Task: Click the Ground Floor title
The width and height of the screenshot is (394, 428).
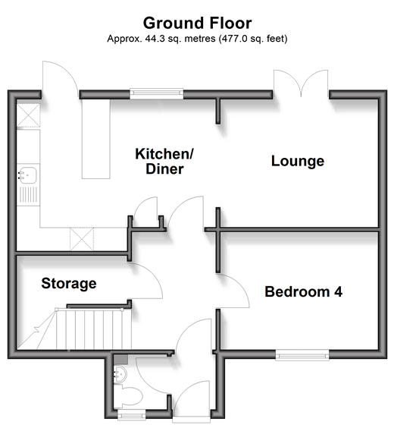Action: click(x=197, y=24)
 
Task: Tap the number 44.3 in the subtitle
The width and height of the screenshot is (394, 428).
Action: click(x=155, y=39)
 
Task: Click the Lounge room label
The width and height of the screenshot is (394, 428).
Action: click(x=298, y=161)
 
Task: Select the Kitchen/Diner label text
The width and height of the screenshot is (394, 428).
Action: click(x=164, y=162)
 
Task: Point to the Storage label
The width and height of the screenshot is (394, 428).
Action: click(x=69, y=284)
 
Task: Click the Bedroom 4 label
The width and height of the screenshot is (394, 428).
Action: click(x=304, y=292)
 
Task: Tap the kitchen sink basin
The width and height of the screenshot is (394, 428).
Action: click(x=27, y=175)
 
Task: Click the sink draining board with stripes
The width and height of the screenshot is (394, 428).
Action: click(x=28, y=194)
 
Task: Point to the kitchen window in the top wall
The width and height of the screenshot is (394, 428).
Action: click(x=156, y=93)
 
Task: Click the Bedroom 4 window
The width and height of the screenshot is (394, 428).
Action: click(x=302, y=355)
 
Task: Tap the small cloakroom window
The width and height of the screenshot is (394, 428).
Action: click(x=131, y=415)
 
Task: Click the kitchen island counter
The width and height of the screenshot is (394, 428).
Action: click(x=96, y=139)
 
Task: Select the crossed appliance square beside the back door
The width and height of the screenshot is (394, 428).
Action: click(x=28, y=115)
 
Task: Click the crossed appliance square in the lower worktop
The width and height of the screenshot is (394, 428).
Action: click(x=82, y=239)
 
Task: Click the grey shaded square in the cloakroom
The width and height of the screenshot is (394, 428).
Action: click(x=120, y=359)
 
